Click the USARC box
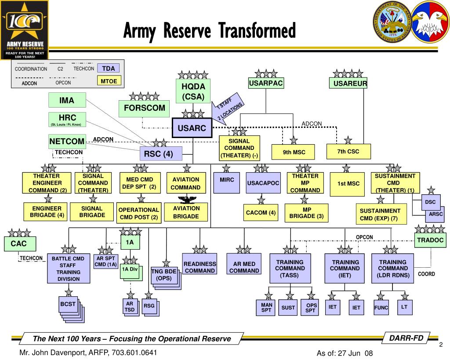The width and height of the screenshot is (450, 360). (192, 128)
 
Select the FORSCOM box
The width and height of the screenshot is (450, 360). (144, 108)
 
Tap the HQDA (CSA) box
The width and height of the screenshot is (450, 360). (193, 91)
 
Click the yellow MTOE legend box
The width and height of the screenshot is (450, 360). (109, 81)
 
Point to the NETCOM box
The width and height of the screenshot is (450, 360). (67, 142)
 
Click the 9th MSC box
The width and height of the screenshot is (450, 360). (294, 152)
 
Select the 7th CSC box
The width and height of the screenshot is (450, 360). (348, 152)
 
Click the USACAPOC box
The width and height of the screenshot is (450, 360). (263, 183)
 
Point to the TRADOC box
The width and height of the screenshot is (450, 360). (430, 240)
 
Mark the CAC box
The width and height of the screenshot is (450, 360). (18, 244)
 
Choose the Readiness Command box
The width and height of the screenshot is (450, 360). (200, 267)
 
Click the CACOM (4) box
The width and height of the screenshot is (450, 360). (261, 213)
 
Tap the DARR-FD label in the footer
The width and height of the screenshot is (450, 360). (409, 338)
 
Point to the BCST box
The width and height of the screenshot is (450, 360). (69, 304)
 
